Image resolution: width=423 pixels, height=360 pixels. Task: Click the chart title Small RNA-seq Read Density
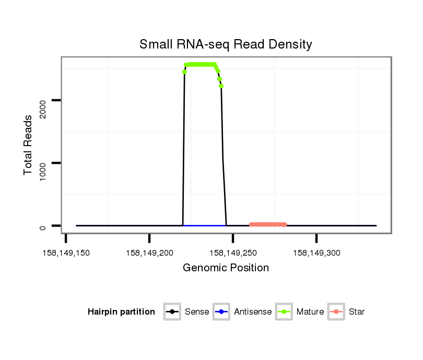[x=226, y=44]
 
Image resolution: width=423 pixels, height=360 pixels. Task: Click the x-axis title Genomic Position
[x=226, y=268]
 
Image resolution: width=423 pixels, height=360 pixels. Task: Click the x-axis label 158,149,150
[x=66, y=253]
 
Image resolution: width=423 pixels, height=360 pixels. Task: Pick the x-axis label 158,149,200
[x=149, y=253]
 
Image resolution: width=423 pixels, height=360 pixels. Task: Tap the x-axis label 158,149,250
[x=233, y=253]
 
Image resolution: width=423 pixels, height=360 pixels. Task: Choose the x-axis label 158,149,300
[x=316, y=253]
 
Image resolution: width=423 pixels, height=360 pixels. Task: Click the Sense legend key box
[x=172, y=312]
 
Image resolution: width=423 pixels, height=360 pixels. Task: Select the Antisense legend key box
[x=221, y=312]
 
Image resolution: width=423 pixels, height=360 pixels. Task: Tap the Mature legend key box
[x=284, y=312]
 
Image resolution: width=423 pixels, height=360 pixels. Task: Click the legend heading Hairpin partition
[x=121, y=312]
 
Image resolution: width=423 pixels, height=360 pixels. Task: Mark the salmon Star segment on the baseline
[x=268, y=224]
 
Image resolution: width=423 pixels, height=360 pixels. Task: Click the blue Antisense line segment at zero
[x=204, y=225]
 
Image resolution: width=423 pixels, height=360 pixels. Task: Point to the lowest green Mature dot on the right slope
[x=221, y=86]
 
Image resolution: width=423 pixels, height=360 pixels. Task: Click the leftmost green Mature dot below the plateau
[x=184, y=72]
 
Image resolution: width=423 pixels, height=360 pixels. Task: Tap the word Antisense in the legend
[x=253, y=312]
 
